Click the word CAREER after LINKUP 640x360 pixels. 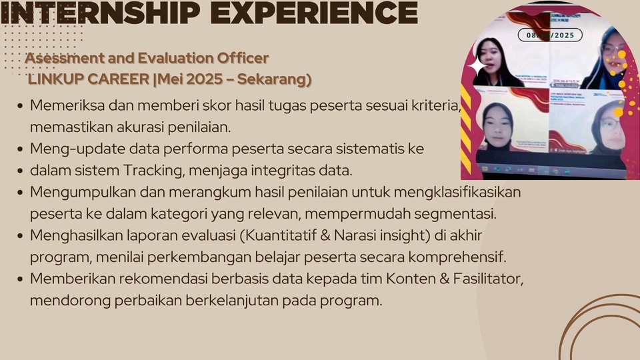(x=116, y=79)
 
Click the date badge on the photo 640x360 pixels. (x=549, y=35)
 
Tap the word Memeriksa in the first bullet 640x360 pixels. (x=64, y=105)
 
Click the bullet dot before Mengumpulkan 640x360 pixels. (x=21, y=192)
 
